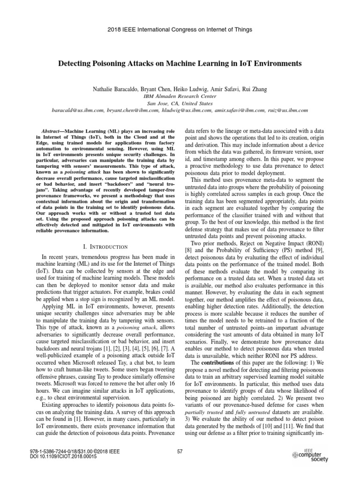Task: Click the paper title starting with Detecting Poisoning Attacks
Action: coord(180,63)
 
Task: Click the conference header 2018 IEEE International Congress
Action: coord(180,30)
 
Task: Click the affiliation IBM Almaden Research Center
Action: coord(180,96)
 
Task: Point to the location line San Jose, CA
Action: coord(180,103)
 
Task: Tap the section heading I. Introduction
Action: coord(101,247)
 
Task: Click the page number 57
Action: coord(180,451)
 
